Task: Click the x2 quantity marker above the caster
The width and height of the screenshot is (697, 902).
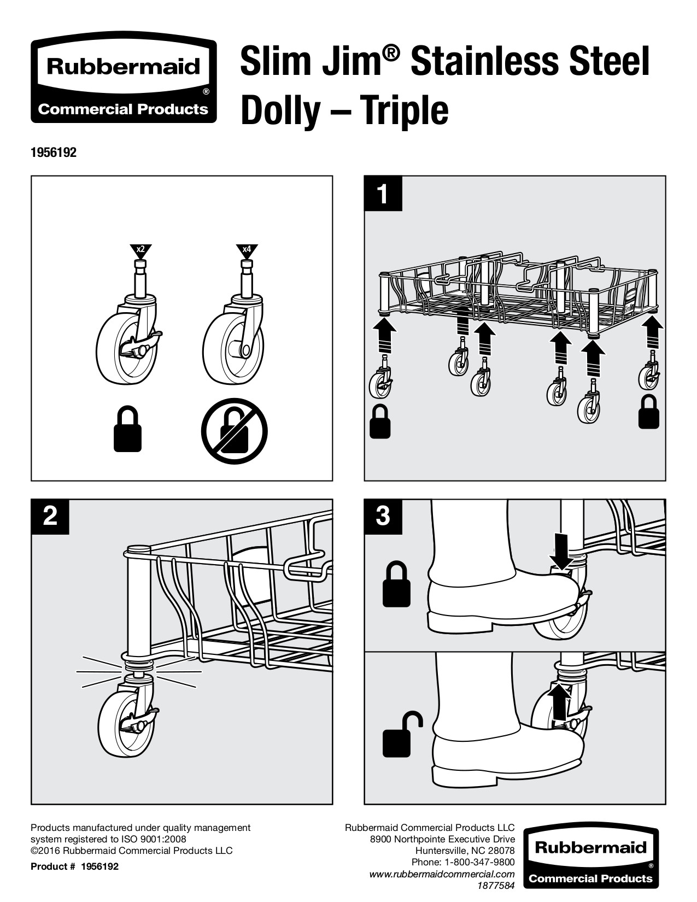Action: pyautogui.click(x=140, y=250)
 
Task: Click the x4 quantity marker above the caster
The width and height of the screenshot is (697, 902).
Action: pyautogui.click(x=247, y=250)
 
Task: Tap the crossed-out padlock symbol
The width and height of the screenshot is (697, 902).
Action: pyautogui.click(x=235, y=431)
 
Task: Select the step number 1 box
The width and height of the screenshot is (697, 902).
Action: pyautogui.click(x=383, y=193)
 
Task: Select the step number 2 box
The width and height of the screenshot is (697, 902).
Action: pyautogui.click(x=50, y=516)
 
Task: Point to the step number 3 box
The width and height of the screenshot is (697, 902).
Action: pyautogui.click(x=383, y=516)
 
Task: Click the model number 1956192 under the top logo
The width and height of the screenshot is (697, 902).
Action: pyautogui.click(x=54, y=153)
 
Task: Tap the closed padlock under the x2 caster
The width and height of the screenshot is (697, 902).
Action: pyautogui.click(x=127, y=429)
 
